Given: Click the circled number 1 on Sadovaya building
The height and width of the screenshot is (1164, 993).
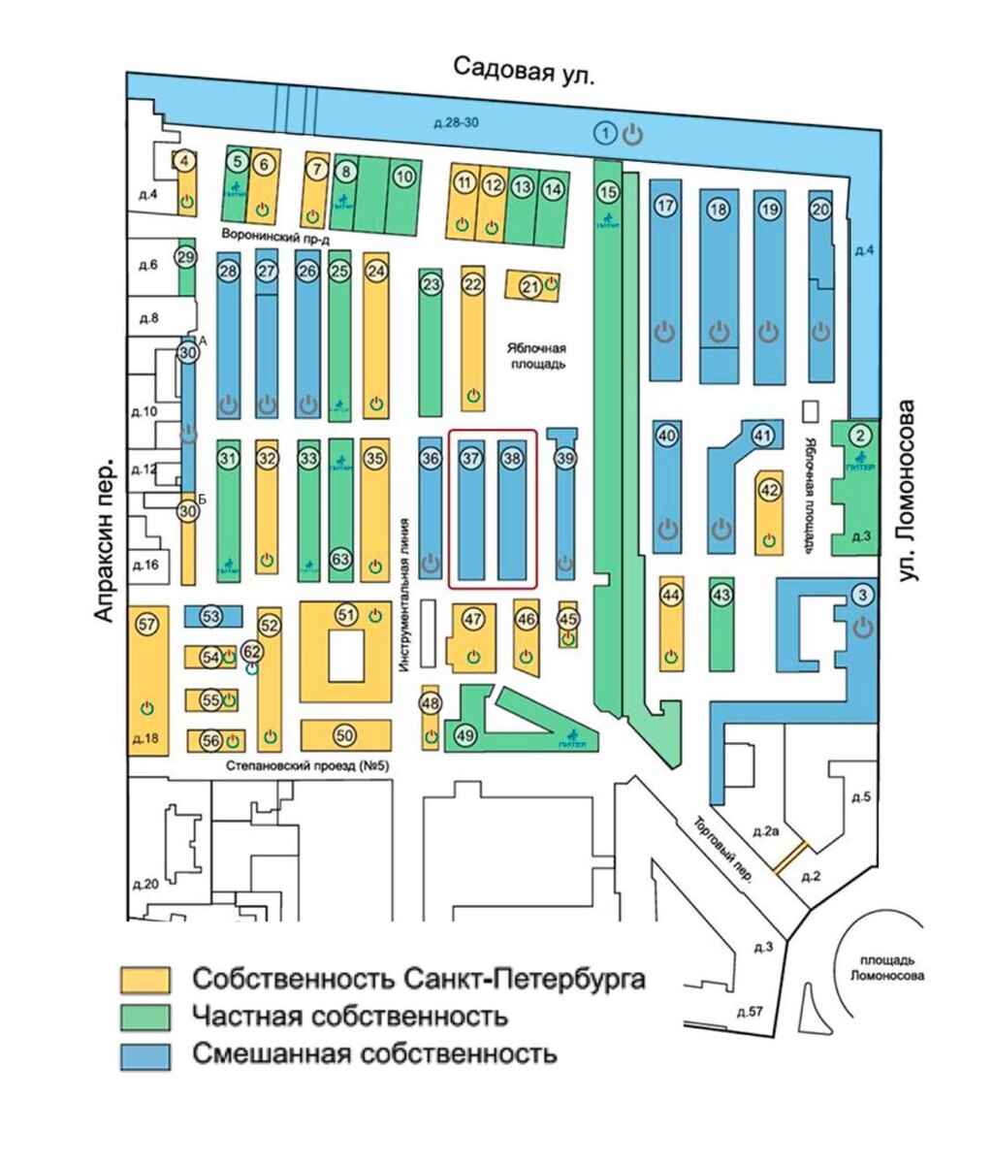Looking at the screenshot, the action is pos(605,132).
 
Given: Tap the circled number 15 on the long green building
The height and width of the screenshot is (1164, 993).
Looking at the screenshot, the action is pos(607,192).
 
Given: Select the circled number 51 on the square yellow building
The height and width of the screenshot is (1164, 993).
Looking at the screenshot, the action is pos(346,614).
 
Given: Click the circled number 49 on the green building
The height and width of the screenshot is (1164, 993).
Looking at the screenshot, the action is pos(466,735).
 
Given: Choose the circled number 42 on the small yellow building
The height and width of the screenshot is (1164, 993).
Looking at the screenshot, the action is pos(769,490).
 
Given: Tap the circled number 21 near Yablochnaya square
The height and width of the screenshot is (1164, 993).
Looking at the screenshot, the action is pos(529,286).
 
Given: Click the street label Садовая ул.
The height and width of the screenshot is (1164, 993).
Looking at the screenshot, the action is pos(525,70).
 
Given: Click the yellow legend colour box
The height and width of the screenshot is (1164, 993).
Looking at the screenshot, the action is pos(144,979).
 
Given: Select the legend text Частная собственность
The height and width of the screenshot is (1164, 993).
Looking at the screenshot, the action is pos(350,1016).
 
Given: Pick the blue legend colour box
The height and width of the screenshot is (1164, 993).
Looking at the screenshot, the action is pos(144,1054).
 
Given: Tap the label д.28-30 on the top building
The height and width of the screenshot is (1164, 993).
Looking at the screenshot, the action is pos(451,122).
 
